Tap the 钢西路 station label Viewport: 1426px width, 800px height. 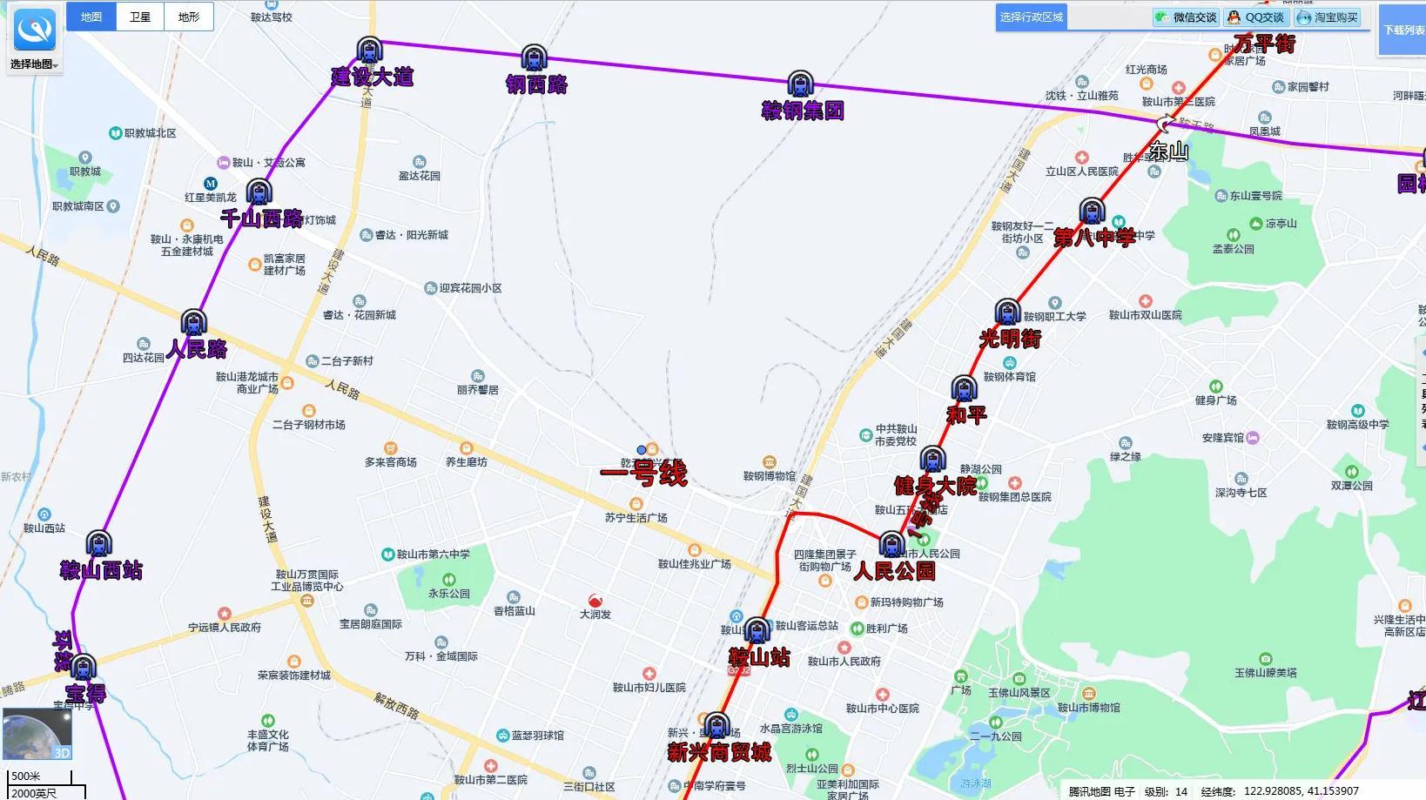(x=536, y=84)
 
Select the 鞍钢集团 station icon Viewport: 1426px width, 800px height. (x=800, y=84)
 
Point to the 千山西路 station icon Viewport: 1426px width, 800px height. (x=259, y=192)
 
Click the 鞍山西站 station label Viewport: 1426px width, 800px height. (x=101, y=571)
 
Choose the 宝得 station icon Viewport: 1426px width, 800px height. (x=83, y=668)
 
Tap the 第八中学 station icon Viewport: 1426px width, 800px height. (x=1092, y=212)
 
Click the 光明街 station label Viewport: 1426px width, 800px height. (x=1010, y=339)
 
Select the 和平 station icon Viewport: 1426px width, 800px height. (x=963, y=388)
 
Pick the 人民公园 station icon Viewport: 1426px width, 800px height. (x=891, y=545)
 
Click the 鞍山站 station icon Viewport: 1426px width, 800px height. (x=757, y=631)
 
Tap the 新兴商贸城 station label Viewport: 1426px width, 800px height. (x=719, y=752)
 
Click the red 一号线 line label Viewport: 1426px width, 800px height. (x=643, y=474)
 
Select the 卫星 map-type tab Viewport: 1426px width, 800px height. (x=140, y=17)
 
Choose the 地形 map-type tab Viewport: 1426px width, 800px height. (x=189, y=17)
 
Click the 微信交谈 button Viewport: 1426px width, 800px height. (x=1186, y=17)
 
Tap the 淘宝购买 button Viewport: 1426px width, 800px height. (x=1328, y=17)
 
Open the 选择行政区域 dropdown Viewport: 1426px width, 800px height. (x=1032, y=17)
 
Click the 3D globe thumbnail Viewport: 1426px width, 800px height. (x=37, y=734)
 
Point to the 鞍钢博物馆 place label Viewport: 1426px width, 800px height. (x=770, y=475)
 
